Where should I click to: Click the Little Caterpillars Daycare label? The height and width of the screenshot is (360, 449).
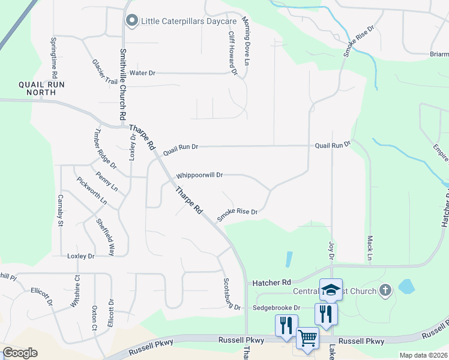coord(188,22)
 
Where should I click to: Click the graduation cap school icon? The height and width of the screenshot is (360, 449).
coord(331,290)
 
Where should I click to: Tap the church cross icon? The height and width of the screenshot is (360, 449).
coord(385,291)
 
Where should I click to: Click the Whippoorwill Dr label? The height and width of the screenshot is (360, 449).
coord(199,176)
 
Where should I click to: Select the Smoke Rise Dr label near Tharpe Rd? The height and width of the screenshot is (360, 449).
coord(237,215)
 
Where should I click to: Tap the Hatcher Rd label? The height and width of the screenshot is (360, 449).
coord(271,282)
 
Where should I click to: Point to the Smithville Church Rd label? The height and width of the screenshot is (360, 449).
coord(122,83)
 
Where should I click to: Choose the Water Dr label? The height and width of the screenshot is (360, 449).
coord(142,73)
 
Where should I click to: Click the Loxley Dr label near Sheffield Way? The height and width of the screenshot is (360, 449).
coord(81,256)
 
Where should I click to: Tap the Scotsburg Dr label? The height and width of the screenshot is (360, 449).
coord(232,294)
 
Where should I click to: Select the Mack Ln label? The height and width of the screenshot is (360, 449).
coord(370,247)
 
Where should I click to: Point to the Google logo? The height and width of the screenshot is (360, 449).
coord(20,353)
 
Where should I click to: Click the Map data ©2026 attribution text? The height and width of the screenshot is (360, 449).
coord(423,355)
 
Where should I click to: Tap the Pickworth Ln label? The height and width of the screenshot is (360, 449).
coord(91,191)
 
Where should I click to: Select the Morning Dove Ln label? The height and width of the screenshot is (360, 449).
coord(246,41)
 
